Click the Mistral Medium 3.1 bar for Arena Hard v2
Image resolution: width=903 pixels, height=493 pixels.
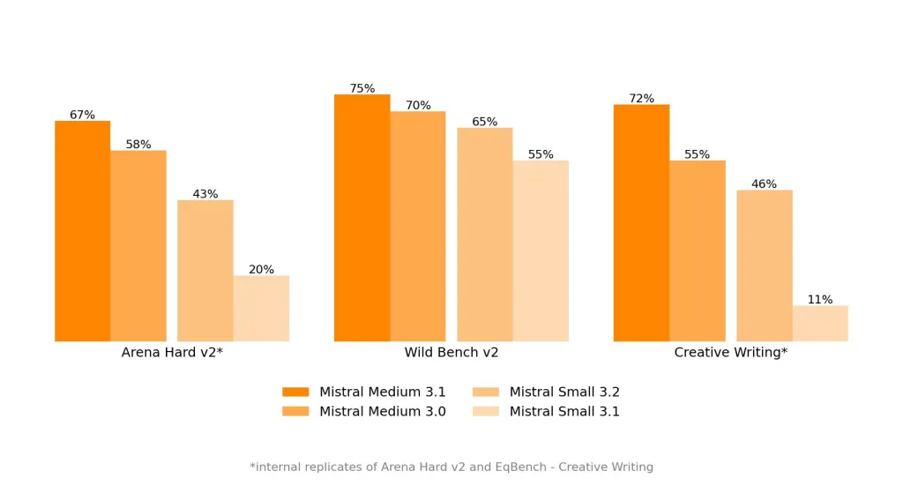[x=82, y=231]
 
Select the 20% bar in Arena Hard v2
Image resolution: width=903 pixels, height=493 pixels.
[x=261, y=308]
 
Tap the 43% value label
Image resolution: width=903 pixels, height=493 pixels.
[x=205, y=194]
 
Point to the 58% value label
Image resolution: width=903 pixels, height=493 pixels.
[x=138, y=145]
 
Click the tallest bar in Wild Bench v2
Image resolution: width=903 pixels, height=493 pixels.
[x=362, y=218]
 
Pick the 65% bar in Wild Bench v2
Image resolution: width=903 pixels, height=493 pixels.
[x=484, y=235]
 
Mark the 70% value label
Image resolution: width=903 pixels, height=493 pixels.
[x=418, y=106]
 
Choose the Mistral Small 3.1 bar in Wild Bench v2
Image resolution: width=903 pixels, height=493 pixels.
[x=541, y=250]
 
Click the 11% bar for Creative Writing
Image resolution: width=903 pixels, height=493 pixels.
[x=820, y=323]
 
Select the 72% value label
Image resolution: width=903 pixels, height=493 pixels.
[x=641, y=99]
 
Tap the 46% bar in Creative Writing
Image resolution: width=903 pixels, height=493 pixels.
[x=764, y=265]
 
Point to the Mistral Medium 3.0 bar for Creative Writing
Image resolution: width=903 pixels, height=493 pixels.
[x=697, y=250]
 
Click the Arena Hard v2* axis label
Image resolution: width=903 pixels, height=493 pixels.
[x=172, y=353]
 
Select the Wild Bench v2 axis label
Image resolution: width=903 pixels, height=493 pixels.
[x=451, y=353]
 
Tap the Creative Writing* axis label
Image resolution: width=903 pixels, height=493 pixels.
[x=730, y=353]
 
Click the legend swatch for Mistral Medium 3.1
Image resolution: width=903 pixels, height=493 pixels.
[x=295, y=392]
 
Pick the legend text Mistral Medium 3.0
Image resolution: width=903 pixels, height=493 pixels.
[x=382, y=411]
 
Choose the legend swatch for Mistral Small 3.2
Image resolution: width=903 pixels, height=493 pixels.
[x=486, y=392]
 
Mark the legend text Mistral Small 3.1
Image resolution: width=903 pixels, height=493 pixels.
[x=564, y=411]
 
